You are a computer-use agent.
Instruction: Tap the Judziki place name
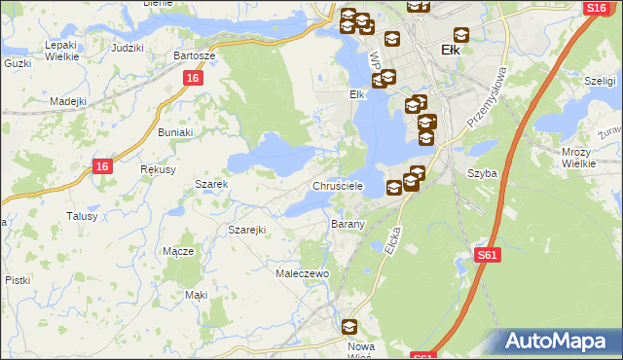tap(128, 47)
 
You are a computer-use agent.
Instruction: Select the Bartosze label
tap(194, 55)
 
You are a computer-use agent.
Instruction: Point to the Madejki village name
tap(69, 100)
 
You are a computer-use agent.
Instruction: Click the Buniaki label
tap(177, 131)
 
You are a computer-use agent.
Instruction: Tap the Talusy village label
tap(82, 216)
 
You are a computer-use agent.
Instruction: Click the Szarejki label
tap(247, 230)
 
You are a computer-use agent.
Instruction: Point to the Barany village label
tap(348, 224)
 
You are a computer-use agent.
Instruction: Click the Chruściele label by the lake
tap(338, 185)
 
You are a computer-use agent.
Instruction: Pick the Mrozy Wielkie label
tap(578, 158)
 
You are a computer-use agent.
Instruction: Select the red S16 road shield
tap(597, 8)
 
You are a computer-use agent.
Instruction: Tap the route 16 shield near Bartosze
tap(193, 78)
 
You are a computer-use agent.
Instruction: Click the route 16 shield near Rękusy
tap(104, 167)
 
